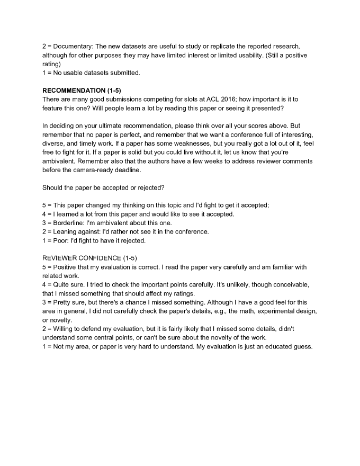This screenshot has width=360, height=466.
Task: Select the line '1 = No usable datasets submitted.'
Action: (x=91, y=73)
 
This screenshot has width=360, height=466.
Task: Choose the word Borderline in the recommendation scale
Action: (x=70, y=223)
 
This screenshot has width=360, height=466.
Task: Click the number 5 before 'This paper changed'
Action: (x=44, y=205)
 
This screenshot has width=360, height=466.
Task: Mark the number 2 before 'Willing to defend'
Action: (x=44, y=329)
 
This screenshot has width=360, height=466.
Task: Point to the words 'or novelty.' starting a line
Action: (x=59, y=320)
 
